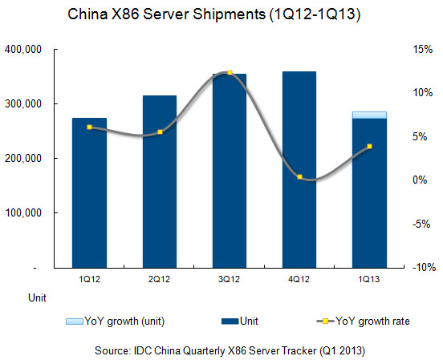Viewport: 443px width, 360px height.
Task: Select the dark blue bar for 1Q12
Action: [x=89, y=192]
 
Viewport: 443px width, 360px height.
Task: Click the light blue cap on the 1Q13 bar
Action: [x=369, y=115]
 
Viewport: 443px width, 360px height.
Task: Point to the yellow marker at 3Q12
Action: [x=230, y=73]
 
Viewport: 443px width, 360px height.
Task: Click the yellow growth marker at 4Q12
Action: [x=299, y=177]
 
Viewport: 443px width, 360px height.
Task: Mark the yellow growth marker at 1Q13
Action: [x=369, y=147]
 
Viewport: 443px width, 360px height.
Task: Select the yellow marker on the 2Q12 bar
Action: [x=160, y=132]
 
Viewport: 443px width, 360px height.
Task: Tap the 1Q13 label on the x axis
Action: [x=369, y=280]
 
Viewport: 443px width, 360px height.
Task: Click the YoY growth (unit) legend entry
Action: [x=109, y=321]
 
